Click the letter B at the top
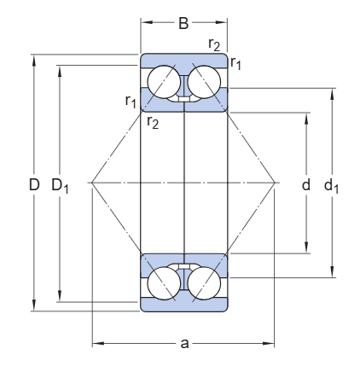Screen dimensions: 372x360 click(x=184, y=25)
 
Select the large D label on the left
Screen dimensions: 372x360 click(x=35, y=183)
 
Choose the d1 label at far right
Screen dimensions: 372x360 click(x=332, y=184)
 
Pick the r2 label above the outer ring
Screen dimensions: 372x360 click(x=215, y=44)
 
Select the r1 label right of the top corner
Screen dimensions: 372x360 click(x=236, y=62)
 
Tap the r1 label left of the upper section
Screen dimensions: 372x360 click(x=131, y=102)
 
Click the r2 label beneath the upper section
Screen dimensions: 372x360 click(x=152, y=123)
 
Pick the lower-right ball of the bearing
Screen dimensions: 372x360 click(x=206, y=283)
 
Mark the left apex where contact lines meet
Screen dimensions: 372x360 click(x=92, y=183)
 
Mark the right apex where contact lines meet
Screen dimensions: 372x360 click(x=276, y=183)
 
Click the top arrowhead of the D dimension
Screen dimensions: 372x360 click(x=35, y=58)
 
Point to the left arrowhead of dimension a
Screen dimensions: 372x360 click(x=96, y=344)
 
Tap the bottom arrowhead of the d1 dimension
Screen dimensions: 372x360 click(x=332, y=275)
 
